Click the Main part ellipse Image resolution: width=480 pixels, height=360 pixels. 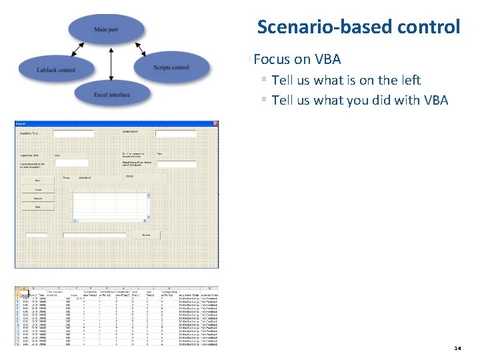click(106, 29)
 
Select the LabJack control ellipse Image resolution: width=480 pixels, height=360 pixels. click(56, 69)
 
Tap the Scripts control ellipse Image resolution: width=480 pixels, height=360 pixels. click(171, 67)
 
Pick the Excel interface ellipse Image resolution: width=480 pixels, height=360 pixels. click(112, 95)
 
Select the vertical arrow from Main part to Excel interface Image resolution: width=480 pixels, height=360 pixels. click(111, 62)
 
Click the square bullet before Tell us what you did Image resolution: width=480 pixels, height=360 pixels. click(264, 100)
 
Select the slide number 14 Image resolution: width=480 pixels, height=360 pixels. click(457, 348)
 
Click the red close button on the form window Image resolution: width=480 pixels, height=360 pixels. click(215, 124)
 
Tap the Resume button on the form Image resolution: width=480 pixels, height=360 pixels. click(39, 198)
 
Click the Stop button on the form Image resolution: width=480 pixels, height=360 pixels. click(39, 207)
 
